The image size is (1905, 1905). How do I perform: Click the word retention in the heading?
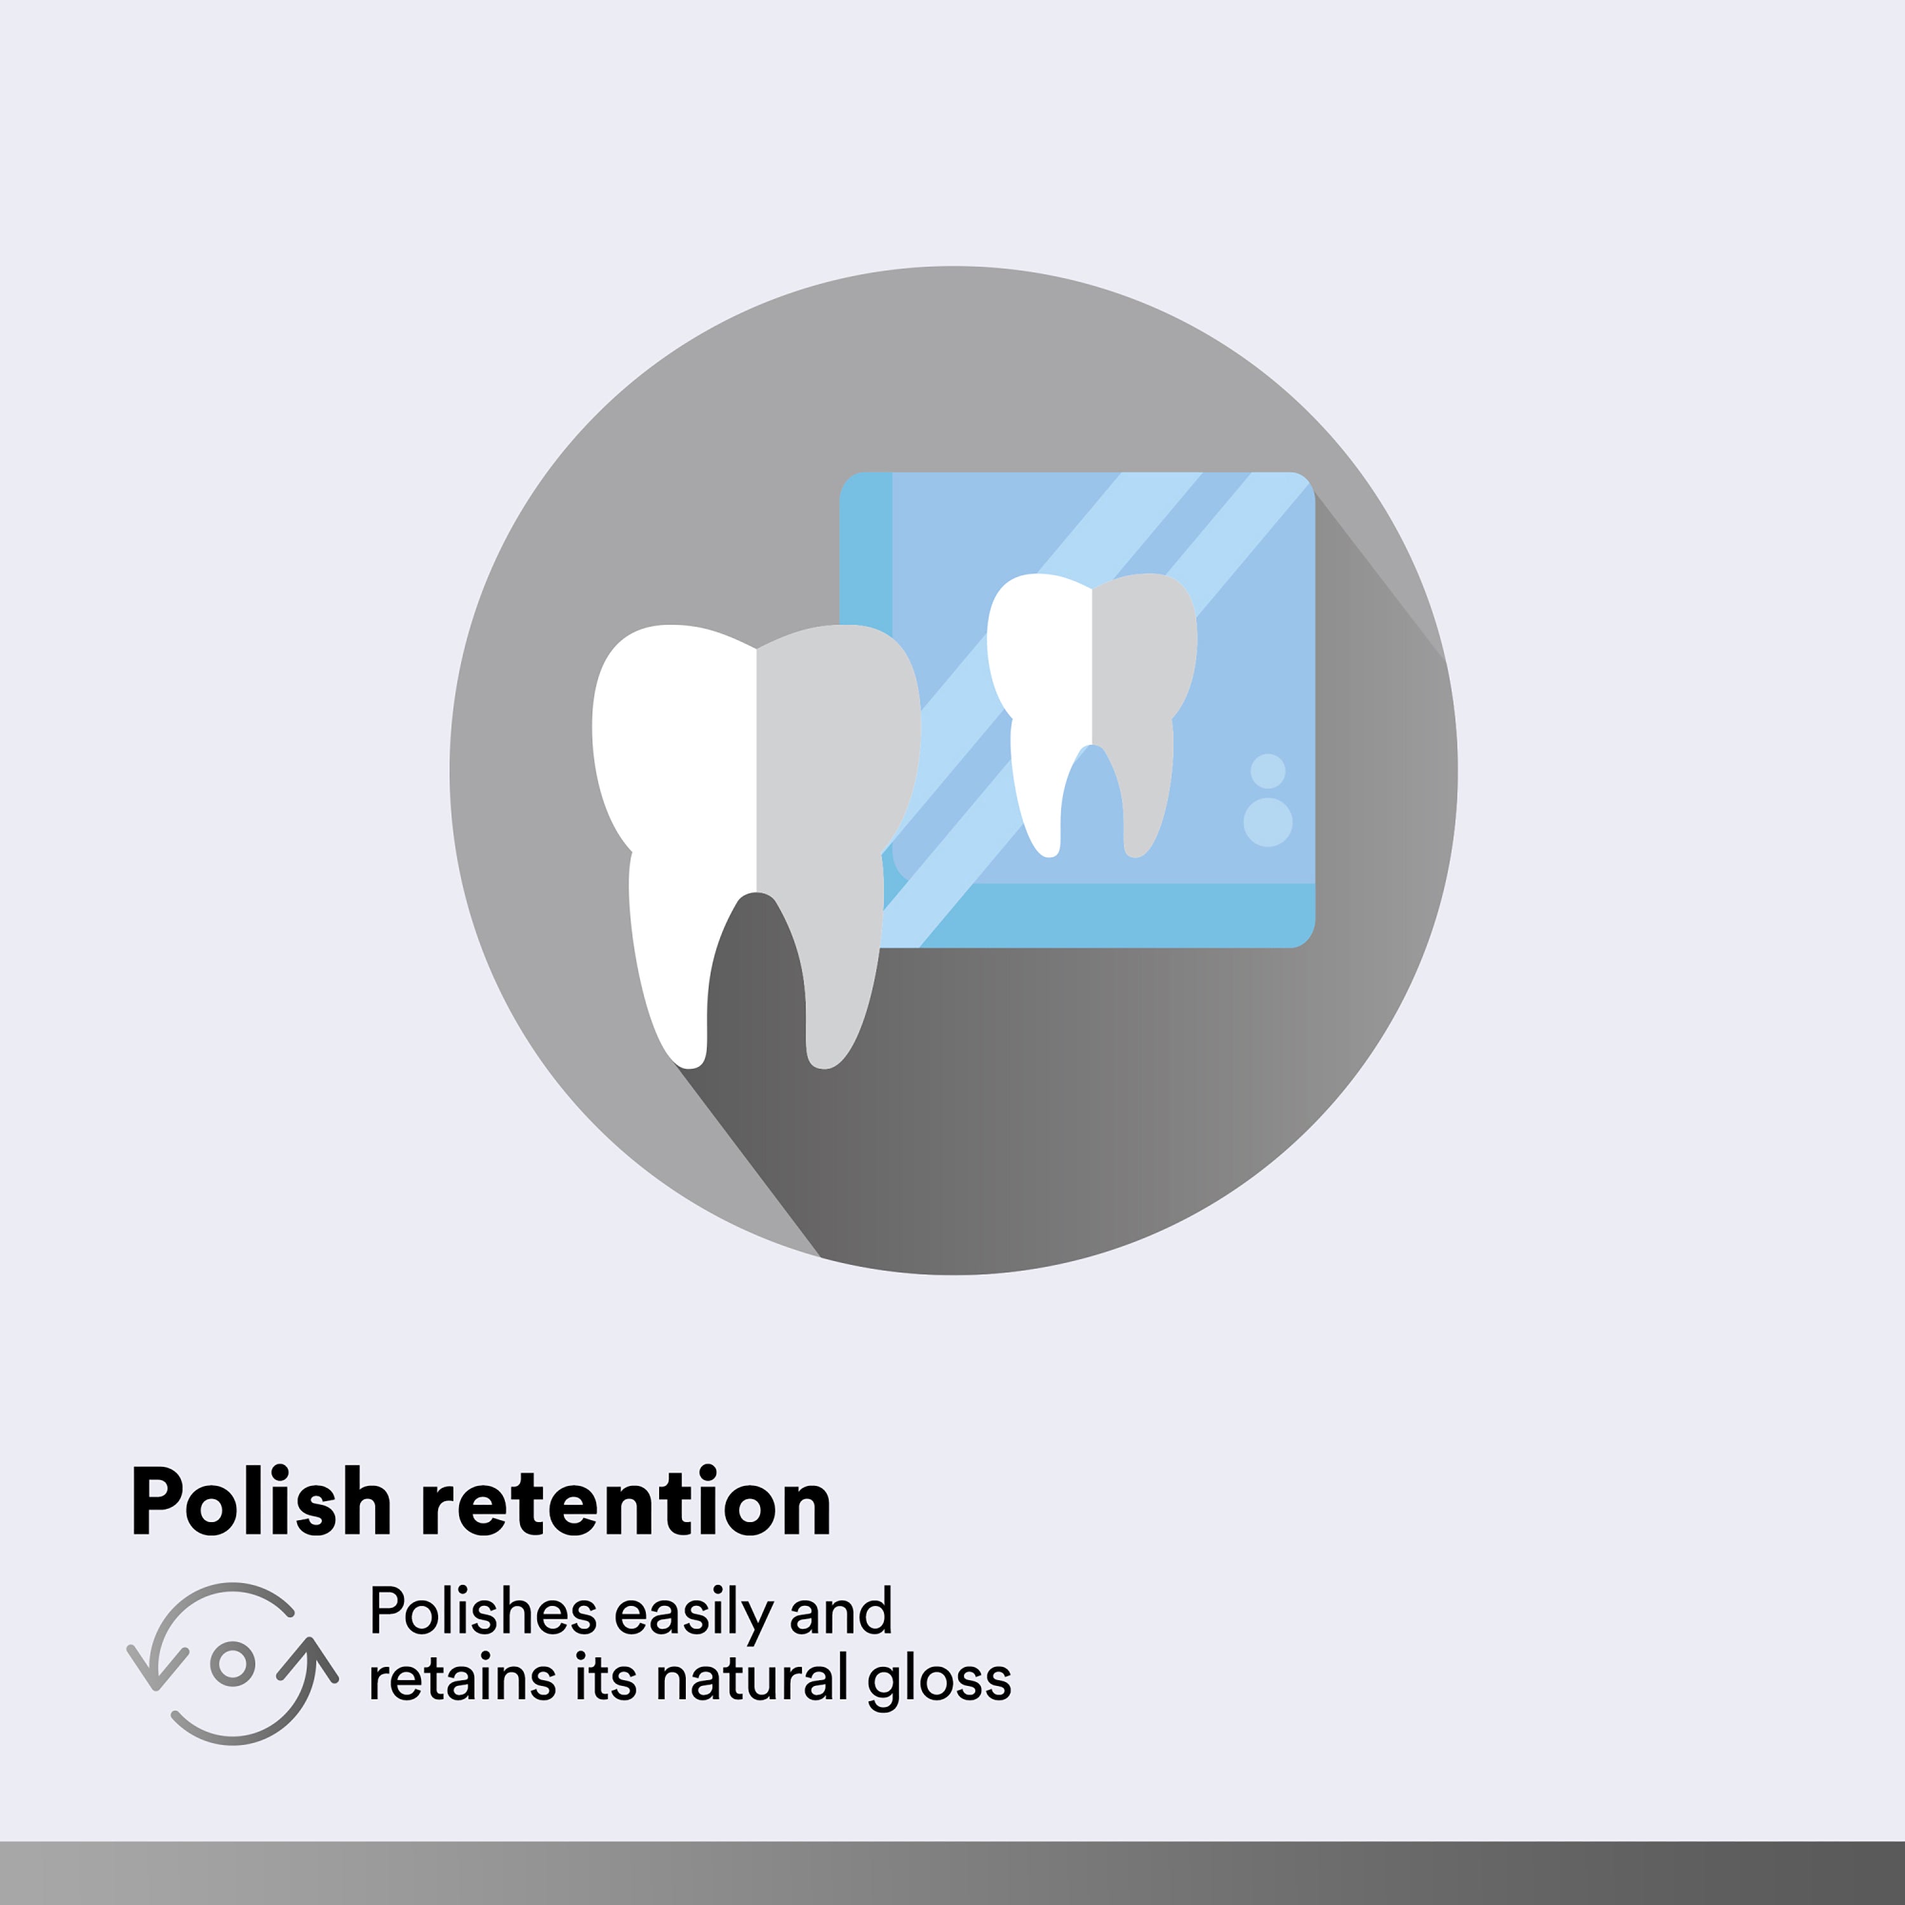626,1502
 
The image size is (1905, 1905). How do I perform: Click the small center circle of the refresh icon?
232,1664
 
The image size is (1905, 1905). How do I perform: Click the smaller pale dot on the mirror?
1268,771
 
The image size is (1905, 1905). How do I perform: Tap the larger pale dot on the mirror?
1268,822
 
